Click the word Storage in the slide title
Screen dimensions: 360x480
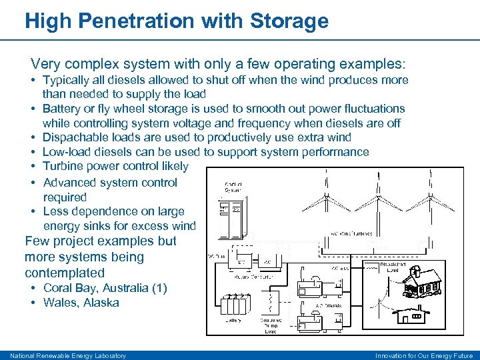[289, 21]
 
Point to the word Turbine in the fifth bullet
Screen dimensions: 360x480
[64, 166]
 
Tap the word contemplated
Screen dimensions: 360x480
[65, 273]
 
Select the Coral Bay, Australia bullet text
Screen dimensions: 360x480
[105, 288]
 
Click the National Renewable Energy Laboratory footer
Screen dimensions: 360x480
[68, 355]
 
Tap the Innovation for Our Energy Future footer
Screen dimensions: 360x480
[423, 355]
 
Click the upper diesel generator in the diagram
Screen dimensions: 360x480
[311, 283]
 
